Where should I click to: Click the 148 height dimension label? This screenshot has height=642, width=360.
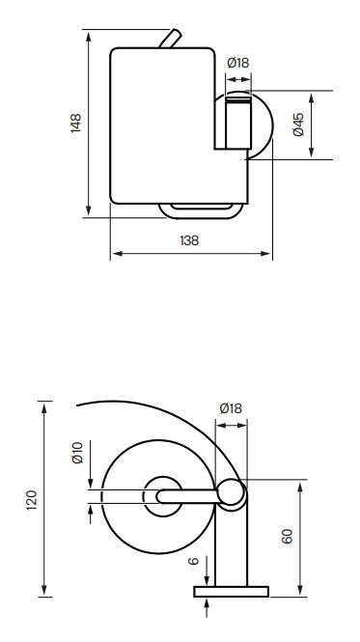click(76, 123)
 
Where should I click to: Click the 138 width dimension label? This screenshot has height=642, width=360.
click(189, 240)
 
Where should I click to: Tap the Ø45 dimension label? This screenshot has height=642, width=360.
click(298, 125)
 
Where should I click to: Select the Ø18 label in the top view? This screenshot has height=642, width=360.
click(238, 63)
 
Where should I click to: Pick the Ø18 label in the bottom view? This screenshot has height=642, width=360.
click(231, 408)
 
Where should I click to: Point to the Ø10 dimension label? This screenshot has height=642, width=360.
click(77, 453)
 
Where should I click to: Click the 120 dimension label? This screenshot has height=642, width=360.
click(32, 500)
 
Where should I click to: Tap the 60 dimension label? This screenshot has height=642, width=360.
click(288, 536)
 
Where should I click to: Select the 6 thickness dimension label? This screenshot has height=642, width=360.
click(193, 561)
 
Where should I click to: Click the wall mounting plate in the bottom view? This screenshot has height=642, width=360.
click(231, 592)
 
